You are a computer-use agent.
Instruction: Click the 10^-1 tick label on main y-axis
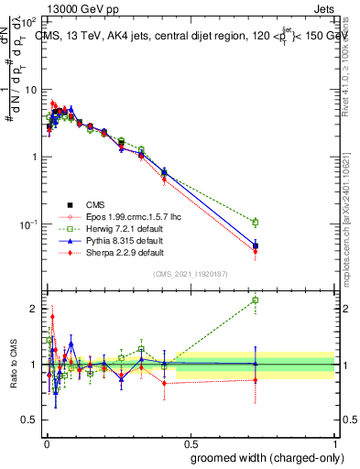30,224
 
